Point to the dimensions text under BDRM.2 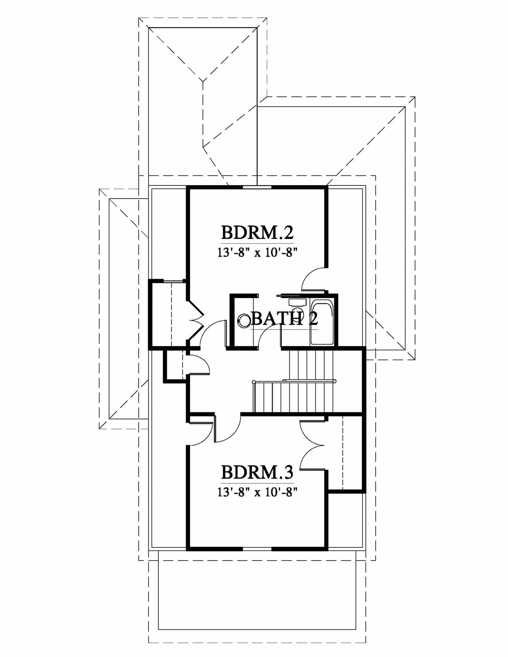(256, 253)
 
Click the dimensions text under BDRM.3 (256, 492)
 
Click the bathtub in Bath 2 (322, 322)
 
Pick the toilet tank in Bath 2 (297, 302)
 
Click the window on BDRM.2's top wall (257, 187)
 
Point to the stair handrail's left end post (254, 382)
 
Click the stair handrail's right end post (335, 381)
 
